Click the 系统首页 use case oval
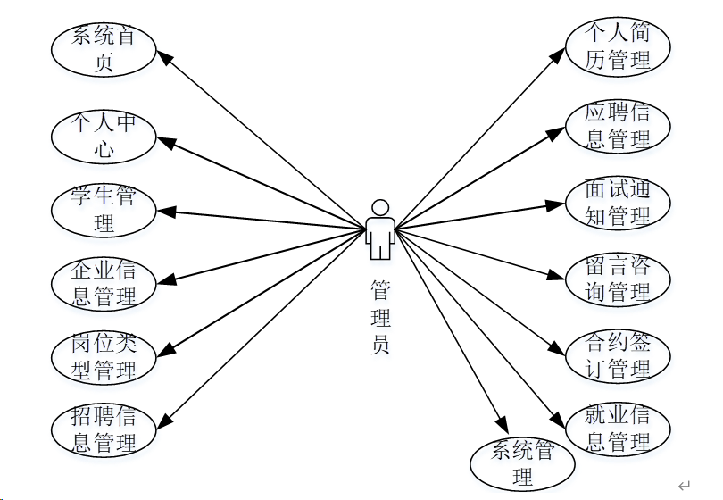click(104, 50)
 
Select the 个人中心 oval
click(104, 136)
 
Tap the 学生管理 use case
click(104, 212)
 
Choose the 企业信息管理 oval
click(104, 284)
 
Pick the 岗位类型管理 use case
click(104, 356)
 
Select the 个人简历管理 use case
click(618, 46)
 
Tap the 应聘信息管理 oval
click(618, 125)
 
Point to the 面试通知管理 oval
click(618, 202)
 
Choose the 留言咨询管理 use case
click(618, 279)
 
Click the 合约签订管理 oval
click(618, 354)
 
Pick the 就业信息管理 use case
click(618, 429)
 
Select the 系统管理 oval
click(523, 463)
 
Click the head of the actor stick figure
click(380, 207)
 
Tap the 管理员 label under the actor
click(380, 317)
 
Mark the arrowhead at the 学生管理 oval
click(164, 212)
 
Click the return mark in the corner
click(684, 486)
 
